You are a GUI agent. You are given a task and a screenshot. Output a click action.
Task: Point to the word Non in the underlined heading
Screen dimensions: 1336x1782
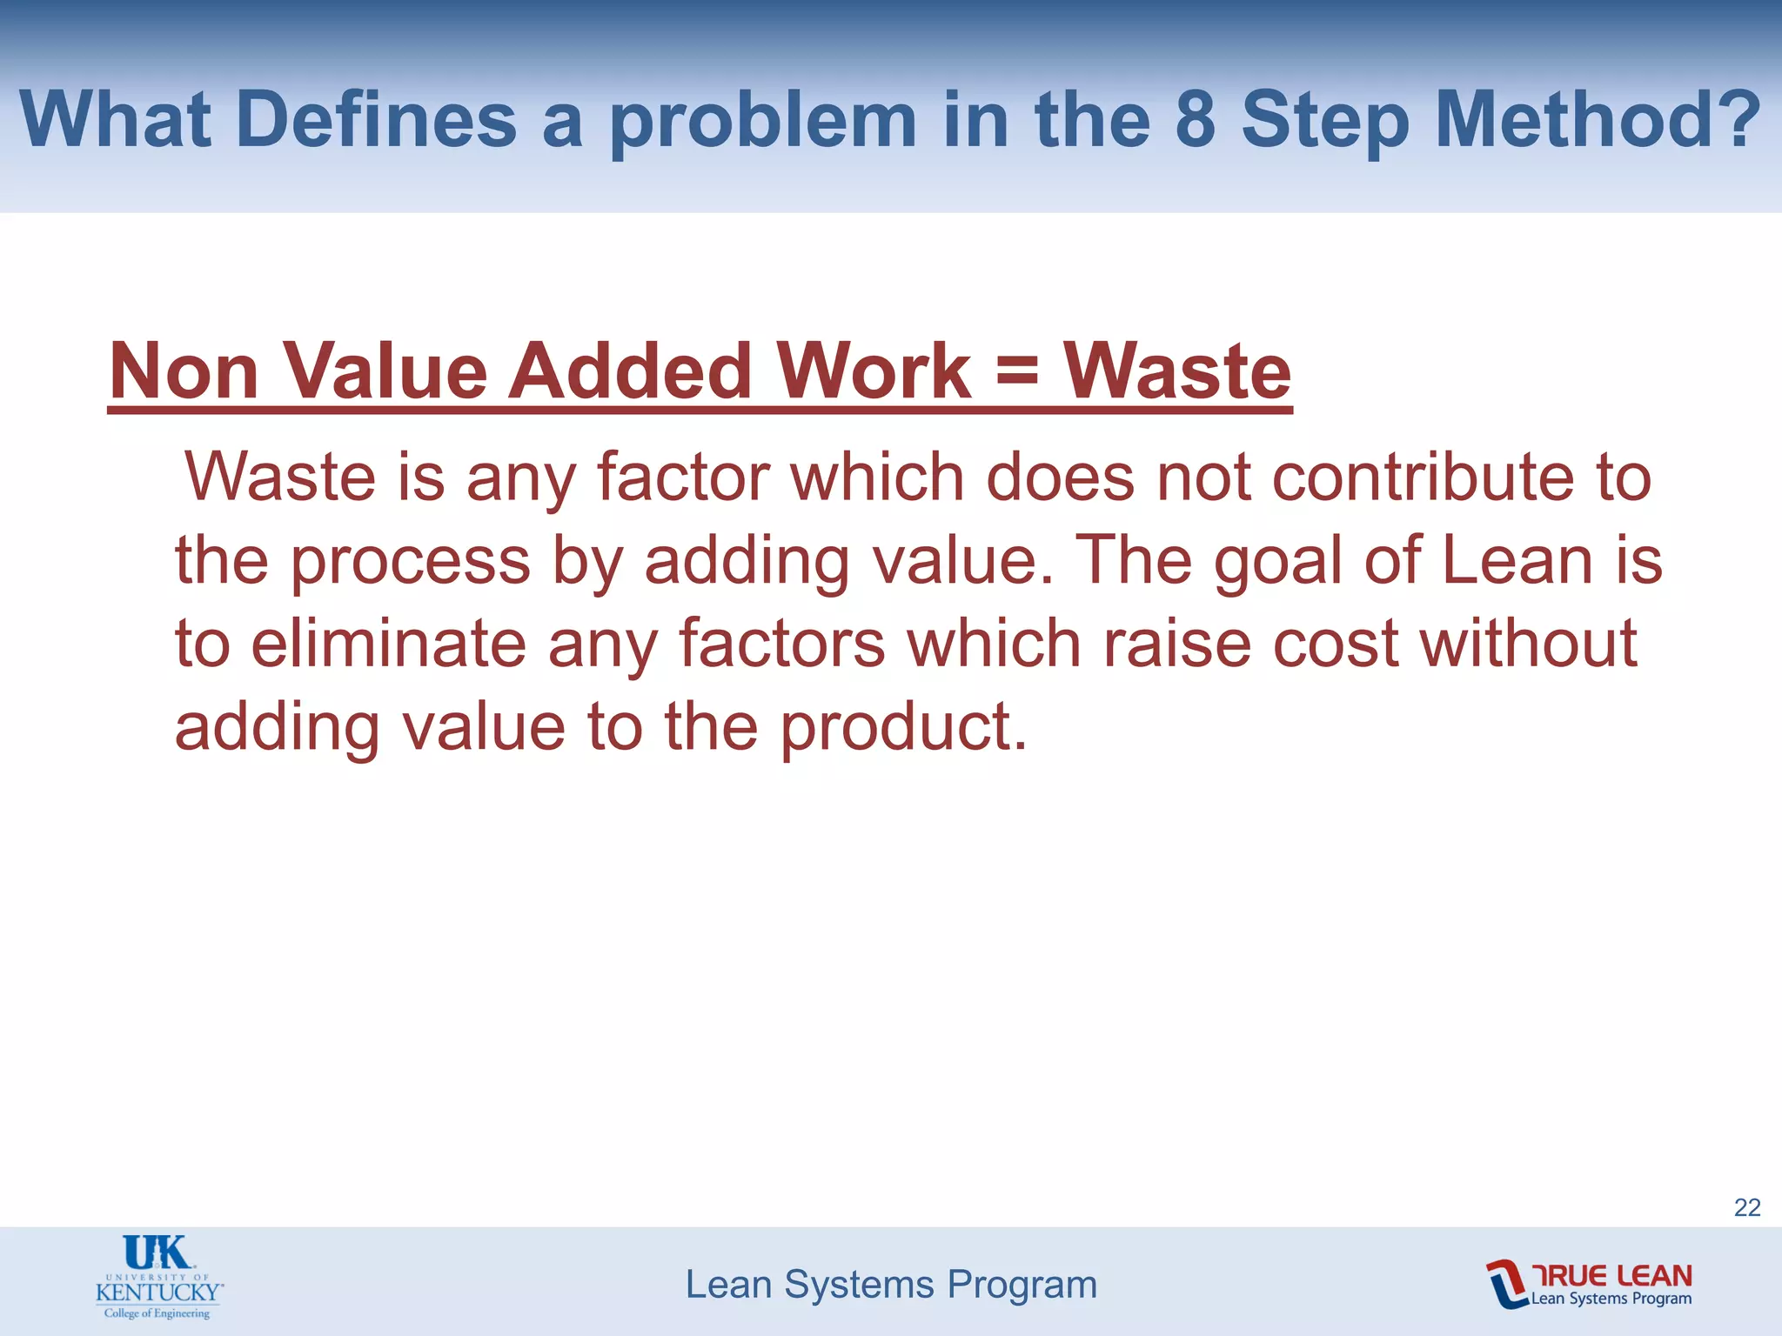tap(184, 372)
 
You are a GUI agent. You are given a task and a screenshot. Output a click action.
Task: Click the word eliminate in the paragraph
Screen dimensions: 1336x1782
tap(388, 644)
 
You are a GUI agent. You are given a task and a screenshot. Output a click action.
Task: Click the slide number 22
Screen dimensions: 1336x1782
tap(1747, 1207)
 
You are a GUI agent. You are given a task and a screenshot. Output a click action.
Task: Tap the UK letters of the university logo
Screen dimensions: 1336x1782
tap(157, 1253)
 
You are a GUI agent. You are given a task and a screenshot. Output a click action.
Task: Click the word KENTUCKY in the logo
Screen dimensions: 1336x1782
tap(157, 1291)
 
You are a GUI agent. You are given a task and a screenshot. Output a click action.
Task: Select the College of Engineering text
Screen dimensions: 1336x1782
tap(157, 1313)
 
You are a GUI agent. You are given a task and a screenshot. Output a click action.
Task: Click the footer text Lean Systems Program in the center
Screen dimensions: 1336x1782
tap(891, 1285)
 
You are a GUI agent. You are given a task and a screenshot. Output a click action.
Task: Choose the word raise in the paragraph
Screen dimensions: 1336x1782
tap(1176, 644)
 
